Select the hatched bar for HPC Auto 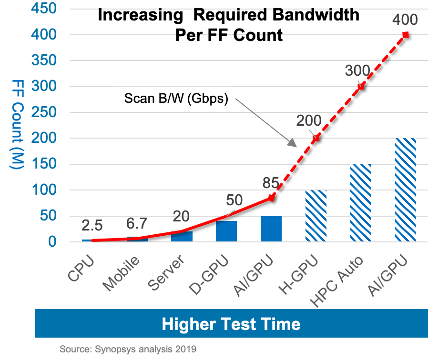[361, 203]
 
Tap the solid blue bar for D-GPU [226, 231]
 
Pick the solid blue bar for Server [182, 236]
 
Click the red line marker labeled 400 [406, 34]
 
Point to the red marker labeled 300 [361, 86]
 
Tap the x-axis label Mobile [122, 273]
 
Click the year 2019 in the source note [185, 349]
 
